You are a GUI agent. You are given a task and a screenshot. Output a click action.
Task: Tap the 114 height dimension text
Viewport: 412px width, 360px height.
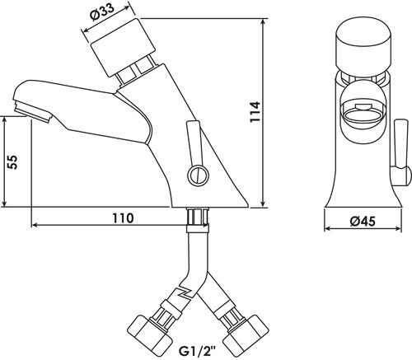255,112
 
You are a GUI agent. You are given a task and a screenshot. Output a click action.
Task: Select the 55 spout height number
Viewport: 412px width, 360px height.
12,161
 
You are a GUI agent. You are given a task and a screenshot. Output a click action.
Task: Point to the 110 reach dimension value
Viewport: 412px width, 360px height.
123,218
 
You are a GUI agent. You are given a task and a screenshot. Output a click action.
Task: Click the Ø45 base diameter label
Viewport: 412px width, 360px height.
363,221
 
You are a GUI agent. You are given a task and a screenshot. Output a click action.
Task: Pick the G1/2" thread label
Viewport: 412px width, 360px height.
197,351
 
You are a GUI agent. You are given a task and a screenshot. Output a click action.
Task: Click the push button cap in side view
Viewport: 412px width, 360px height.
123,48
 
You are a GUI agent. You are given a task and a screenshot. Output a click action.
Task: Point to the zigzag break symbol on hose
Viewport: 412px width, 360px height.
186,292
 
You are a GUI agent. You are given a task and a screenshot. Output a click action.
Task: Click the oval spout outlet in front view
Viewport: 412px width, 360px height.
363,115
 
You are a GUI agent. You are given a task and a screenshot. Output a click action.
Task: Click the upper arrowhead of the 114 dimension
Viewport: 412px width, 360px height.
264,22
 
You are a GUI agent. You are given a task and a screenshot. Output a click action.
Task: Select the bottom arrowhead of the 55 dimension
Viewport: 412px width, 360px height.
4,203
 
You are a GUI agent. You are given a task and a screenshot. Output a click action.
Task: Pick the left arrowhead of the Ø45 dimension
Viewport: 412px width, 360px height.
329,228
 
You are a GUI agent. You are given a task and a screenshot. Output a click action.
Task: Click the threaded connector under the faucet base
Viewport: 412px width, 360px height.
197,217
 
